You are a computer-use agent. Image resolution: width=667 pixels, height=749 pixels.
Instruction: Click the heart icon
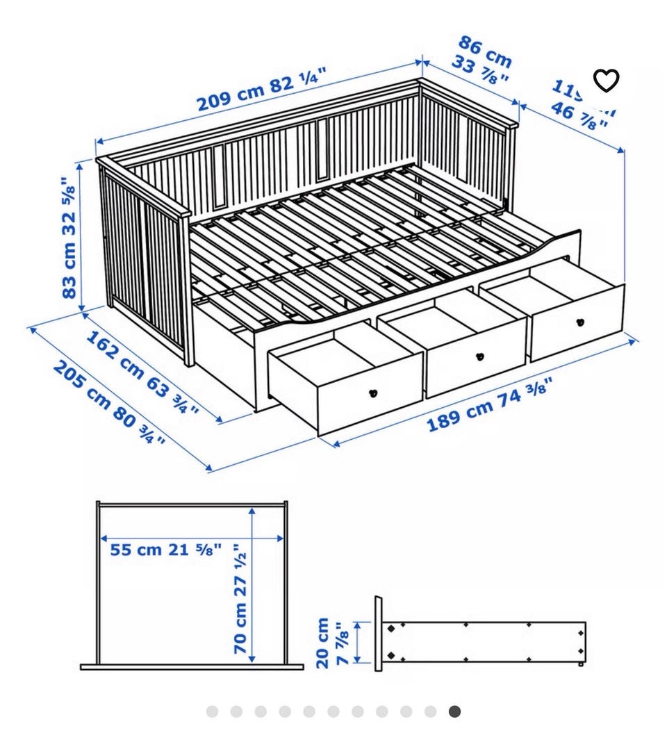[x=606, y=81]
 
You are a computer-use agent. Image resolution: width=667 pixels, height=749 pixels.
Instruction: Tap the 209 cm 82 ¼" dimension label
[x=261, y=90]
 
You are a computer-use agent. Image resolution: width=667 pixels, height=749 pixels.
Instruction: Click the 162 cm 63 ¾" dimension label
[x=142, y=372]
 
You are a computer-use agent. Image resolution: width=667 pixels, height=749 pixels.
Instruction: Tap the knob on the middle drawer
[x=478, y=356]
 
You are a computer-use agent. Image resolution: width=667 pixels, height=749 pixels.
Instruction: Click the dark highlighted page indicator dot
[x=454, y=711]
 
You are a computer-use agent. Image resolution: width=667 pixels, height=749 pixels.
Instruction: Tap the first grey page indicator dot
[x=212, y=711]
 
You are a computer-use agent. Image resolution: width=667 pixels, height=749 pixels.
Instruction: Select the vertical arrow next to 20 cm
[x=358, y=642]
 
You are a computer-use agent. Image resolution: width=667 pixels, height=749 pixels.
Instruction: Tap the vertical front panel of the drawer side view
[x=379, y=633]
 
